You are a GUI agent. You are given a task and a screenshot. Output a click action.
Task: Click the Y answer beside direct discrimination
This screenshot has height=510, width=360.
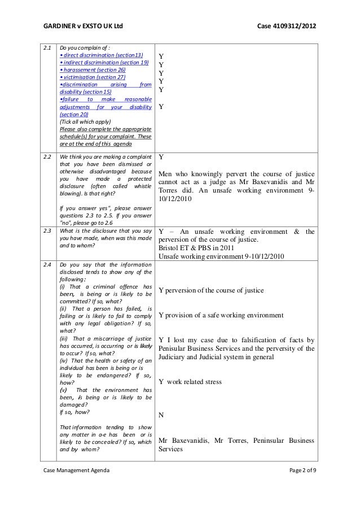coord(161,57)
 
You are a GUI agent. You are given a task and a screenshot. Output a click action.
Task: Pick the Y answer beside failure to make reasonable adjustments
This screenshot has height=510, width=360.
coord(161,106)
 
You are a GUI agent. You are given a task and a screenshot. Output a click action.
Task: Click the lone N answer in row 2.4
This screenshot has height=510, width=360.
coord(161,415)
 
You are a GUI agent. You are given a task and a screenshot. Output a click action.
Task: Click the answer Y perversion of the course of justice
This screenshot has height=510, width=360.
coord(211,290)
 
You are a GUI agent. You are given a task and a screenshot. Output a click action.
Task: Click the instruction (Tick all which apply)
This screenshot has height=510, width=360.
coord(85,121)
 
